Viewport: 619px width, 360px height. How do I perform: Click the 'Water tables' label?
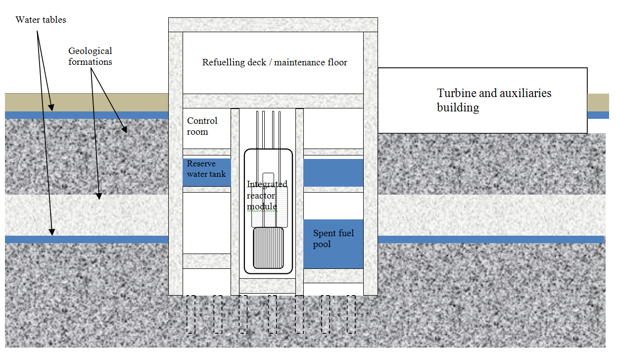(x=41, y=20)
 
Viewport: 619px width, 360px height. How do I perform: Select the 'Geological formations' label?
(x=90, y=56)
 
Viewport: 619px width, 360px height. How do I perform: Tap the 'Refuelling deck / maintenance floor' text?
(x=275, y=62)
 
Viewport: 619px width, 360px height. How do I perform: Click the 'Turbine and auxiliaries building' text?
(x=494, y=100)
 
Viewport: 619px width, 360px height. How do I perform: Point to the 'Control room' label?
(x=202, y=126)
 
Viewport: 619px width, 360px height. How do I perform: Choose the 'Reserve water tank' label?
(x=206, y=169)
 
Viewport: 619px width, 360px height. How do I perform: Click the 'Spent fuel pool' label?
(x=333, y=238)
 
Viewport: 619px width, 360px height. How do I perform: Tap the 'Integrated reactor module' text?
(x=267, y=195)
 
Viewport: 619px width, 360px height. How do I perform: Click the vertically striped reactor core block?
(x=268, y=248)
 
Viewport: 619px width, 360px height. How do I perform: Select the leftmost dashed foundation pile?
(x=191, y=314)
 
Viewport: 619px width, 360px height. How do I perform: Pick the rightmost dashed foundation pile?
(x=351, y=314)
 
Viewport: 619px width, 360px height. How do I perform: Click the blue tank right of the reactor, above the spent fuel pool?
(x=333, y=172)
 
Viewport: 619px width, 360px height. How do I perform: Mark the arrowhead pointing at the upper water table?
(x=51, y=107)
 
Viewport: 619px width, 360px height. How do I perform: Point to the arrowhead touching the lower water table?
(x=52, y=232)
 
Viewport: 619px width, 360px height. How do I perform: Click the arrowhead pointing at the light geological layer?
(x=99, y=196)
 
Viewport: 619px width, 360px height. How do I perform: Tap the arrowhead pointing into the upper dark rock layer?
(x=125, y=130)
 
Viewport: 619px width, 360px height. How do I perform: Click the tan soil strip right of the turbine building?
(x=598, y=103)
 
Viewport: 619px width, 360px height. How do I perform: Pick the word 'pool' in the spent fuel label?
(x=322, y=245)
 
